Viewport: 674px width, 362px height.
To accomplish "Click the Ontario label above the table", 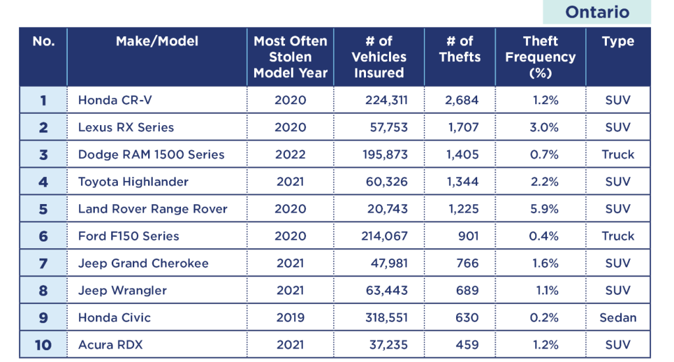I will click(x=597, y=12).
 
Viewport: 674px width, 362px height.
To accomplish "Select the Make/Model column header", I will click(x=157, y=41).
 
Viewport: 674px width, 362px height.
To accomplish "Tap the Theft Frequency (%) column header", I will click(x=540, y=57).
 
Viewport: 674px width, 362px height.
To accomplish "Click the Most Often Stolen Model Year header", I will click(x=290, y=57).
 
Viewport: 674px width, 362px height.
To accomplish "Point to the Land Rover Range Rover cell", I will click(x=153, y=209).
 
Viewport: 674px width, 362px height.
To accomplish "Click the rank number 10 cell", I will click(x=43, y=344).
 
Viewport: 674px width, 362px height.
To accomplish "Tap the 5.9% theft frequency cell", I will click(x=544, y=209).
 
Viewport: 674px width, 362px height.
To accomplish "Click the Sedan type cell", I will click(x=617, y=317).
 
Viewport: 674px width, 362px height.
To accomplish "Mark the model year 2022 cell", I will click(x=290, y=155).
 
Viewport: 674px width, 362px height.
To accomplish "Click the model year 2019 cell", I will click(x=290, y=317).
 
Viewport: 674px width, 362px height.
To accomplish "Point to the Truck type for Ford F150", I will click(x=617, y=236).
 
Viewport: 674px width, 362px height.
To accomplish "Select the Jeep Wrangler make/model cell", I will click(x=122, y=290).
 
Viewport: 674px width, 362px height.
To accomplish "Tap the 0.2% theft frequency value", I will click(x=544, y=317).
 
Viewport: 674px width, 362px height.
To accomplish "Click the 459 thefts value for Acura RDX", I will click(x=467, y=344).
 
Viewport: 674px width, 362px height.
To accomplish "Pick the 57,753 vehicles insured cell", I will click(x=386, y=127).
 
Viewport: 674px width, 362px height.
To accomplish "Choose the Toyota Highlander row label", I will click(x=133, y=182).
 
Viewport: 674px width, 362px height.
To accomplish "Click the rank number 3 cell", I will click(x=43, y=155).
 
